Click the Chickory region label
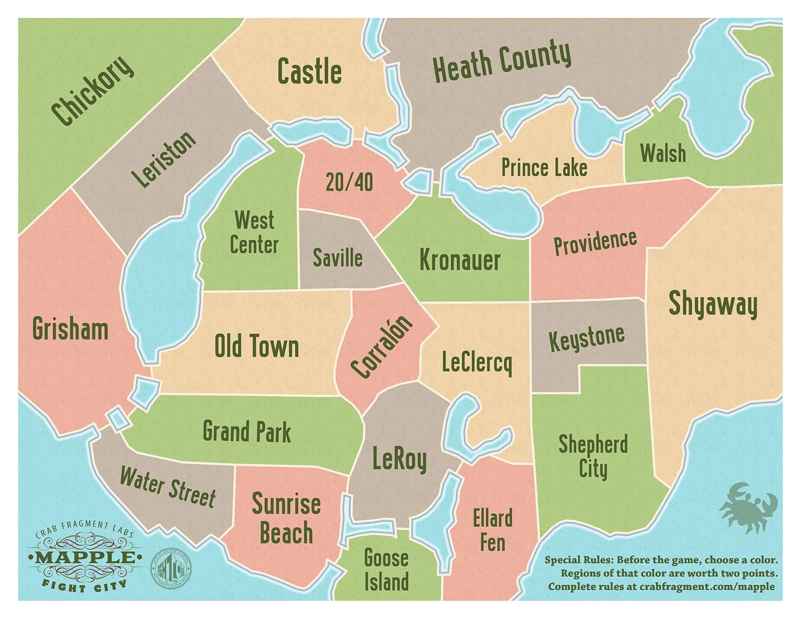92,90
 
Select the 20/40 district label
349,182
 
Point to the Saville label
337,257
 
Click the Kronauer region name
459,260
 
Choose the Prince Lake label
544,168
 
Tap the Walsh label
663,153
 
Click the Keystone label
586,338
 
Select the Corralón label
382,347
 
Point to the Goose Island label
386,570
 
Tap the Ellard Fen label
492,530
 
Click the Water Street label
167,487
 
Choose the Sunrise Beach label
286,518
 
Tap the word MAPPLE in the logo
85,558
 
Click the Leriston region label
164,159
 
